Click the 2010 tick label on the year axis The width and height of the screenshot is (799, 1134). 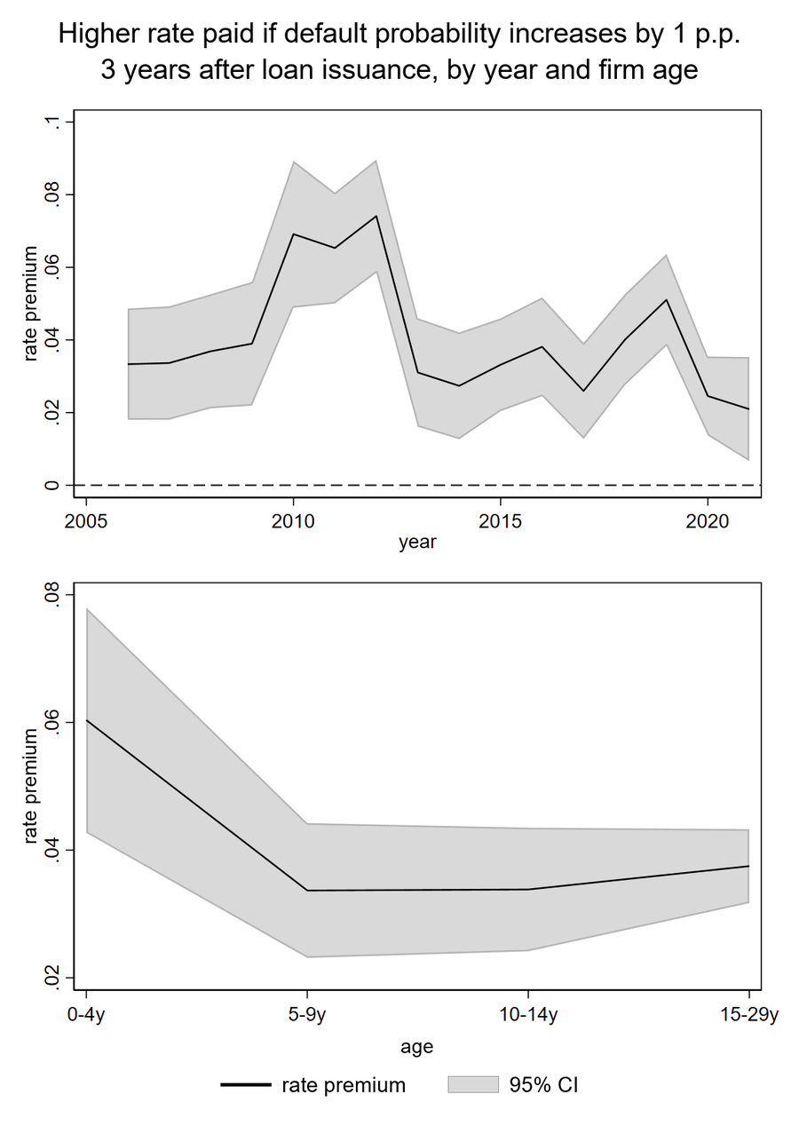pyautogui.click(x=292, y=521)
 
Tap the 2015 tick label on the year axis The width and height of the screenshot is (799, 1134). pyautogui.click(x=500, y=521)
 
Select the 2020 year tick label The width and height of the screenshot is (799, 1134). pyautogui.click(x=707, y=521)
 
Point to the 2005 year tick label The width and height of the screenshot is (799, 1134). pyautogui.click(x=85, y=521)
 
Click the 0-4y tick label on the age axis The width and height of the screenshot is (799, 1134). pyautogui.click(x=85, y=1014)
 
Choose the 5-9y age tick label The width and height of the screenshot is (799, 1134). pyautogui.click(x=306, y=1014)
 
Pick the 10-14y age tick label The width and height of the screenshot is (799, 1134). pyautogui.click(x=527, y=1014)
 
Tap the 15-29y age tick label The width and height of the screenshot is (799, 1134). pyautogui.click(x=749, y=1014)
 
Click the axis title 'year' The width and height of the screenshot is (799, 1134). pyautogui.click(x=417, y=543)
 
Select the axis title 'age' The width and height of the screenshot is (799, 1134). pyautogui.click(x=417, y=1048)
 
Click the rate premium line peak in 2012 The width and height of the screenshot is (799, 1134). pyautogui.click(x=376, y=216)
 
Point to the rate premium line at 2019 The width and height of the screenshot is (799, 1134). pyautogui.click(x=667, y=299)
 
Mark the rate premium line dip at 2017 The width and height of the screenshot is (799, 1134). pyautogui.click(x=583, y=391)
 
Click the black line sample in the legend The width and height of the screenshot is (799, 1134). pyautogui.click(x=245, y=1084)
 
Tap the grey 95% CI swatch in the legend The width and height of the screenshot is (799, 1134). pyautogui.click(x=473, y=1084)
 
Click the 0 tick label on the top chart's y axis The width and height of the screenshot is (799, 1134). pyautogui.click(x=51, y=485)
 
